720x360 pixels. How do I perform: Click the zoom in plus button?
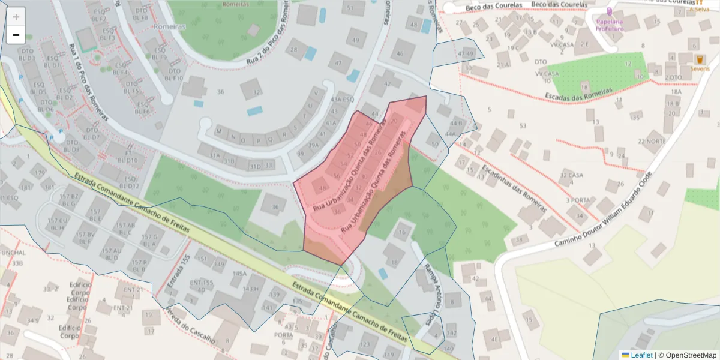coord(16,17)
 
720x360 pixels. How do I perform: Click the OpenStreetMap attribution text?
coord(691,355)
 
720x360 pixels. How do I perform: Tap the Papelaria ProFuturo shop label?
coord(609,25)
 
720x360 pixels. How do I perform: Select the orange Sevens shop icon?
coord(699,59)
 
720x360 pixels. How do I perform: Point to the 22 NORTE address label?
coord(652,142)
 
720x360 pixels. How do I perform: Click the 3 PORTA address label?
coord(577,200)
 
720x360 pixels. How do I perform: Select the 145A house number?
coord(240,274)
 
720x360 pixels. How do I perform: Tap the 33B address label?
coord(17,263)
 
